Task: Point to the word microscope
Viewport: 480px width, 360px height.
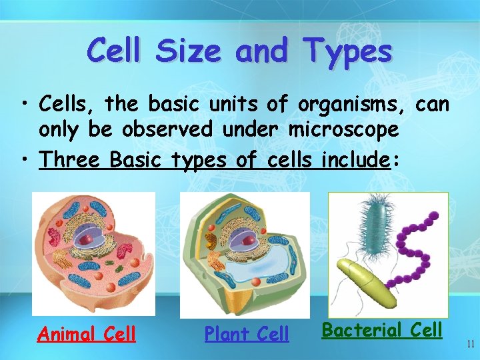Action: (x=343, y=129)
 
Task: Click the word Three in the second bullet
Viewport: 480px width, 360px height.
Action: (x=70, y=159)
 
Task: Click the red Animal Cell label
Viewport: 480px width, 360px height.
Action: (x=87, y=333)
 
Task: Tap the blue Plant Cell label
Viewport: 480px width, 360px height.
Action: (x=247, y=333)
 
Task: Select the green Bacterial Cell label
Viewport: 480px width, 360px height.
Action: (x=382, y=329)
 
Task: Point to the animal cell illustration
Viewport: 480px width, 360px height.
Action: (x=93, y=253)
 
